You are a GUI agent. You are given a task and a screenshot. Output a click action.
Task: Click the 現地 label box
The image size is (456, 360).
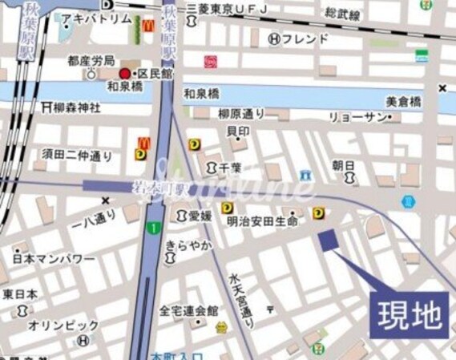[409, 313]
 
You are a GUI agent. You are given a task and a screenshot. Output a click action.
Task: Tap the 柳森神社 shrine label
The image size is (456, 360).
[71, 106]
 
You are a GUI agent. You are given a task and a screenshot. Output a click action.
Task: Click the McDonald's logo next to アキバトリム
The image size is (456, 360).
[148, 25]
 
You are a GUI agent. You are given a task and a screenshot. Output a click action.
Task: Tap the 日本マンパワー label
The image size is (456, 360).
[54, 260]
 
